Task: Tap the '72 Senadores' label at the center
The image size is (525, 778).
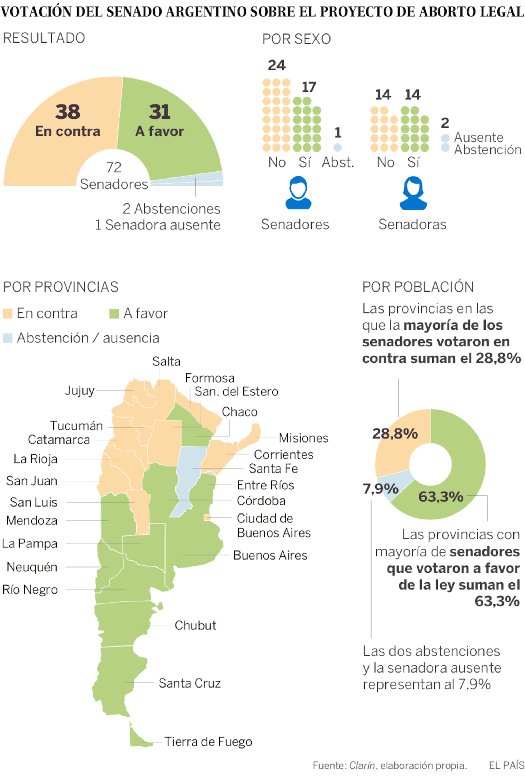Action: pyautogui.click(x=114, y=176)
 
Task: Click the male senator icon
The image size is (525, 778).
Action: pyautogui.click(x=298, y=193)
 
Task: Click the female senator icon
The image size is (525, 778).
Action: pyautogui.click(x=413, y=193)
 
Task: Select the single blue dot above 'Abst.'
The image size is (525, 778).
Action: pyautogui.click(x=337, y=147)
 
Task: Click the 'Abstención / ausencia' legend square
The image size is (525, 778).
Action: pyautogui.click(x=7, y=338)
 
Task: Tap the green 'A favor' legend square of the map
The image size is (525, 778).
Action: pyautogui.click(x=114, y=314)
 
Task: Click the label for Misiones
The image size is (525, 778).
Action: pyautogui.click(x=303, y=438)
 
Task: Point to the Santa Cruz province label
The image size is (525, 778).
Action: pyautogui.click(x=190, y=683)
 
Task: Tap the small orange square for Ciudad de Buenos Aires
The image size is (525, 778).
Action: pyautogui.click(x=207, y=518)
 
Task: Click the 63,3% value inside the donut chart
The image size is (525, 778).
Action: pyautogui.click(x=441, y=497)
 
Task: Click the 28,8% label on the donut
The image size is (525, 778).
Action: pyautogui.click(x=395, y=433)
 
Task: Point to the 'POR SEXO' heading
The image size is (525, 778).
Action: pyautogui.click(x=296, y=39)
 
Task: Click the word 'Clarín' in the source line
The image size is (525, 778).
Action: pyautogui.click(x=362, y=766)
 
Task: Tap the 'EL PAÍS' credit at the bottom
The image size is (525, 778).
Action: pyautogui.click(x=506, y=765)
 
